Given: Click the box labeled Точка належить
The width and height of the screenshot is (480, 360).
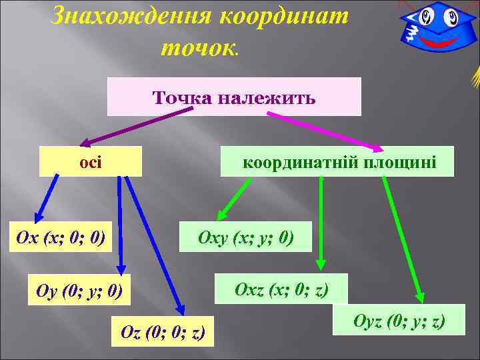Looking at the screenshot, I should [234, 97].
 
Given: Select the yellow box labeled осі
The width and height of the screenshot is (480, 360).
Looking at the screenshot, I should [91, 162].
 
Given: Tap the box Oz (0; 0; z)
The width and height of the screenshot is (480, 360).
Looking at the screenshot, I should [163, 331].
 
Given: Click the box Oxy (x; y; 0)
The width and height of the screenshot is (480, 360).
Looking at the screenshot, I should [245, 237].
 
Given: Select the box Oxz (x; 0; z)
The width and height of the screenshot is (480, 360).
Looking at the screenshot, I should [281, 289].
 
